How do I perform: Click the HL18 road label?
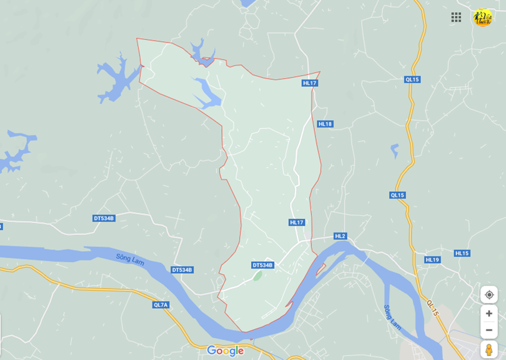coord(325,124)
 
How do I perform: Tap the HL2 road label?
coord(340,236)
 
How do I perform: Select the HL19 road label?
coord(432,259)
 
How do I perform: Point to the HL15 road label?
coord(462,253)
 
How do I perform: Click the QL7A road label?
coord(161,304)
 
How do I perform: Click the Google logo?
coord(225,351)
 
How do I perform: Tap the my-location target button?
coord(489,295)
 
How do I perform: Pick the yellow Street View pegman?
coord(489,349)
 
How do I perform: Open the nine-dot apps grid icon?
coord(456,17)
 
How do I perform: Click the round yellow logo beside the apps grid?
coord(482,17)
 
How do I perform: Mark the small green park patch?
coord(257,276)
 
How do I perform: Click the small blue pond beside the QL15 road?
coord(394,151)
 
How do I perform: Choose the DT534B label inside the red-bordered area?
coord(263,265)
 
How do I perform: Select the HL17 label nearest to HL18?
coord(310,83)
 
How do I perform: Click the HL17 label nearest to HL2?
coord(297,222)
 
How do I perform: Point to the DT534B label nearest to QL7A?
coord(182,270)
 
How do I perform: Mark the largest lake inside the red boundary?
coord(209,92)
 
